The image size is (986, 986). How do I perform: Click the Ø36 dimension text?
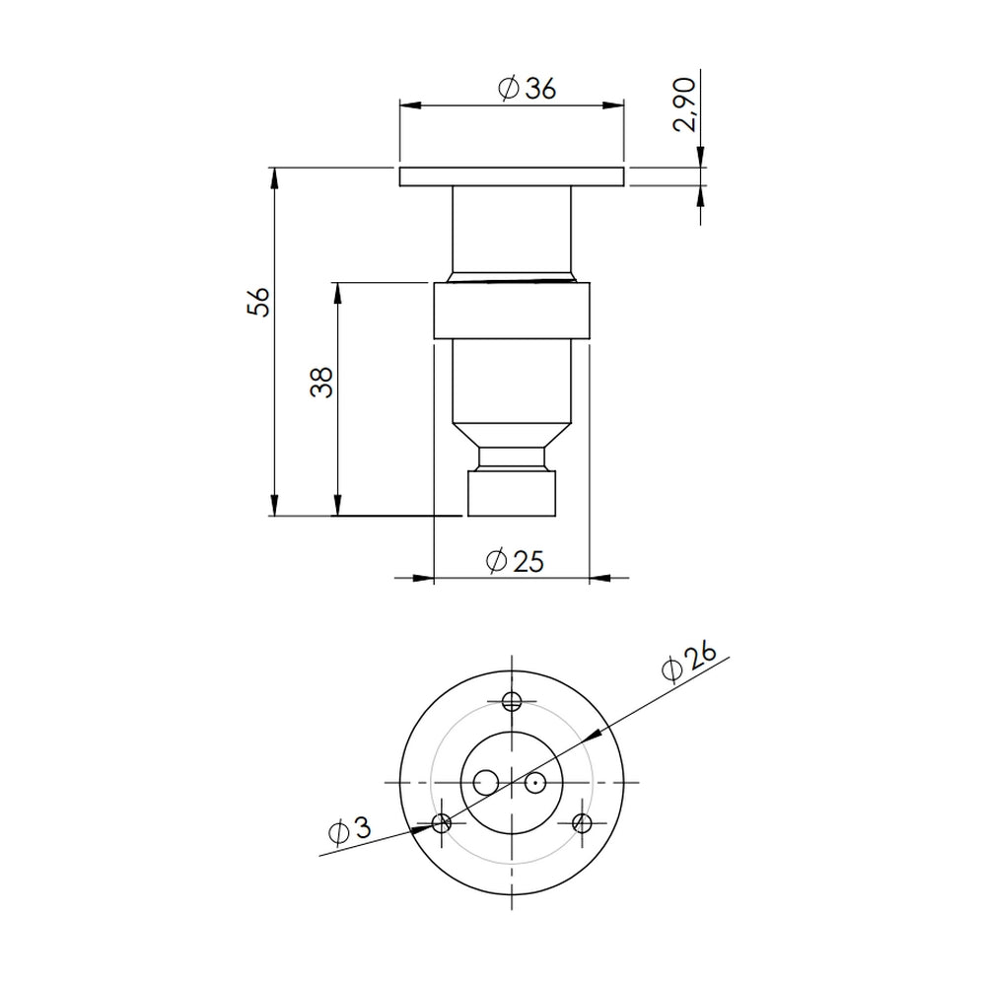pos(528,89)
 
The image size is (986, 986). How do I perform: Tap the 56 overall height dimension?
pos(258,302)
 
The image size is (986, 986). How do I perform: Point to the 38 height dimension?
pos(321,382)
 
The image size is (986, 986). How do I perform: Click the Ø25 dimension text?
pos(515,561)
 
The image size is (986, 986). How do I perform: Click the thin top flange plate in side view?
pos(512,177)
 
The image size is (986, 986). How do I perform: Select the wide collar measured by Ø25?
pos(512,311)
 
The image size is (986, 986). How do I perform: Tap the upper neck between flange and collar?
pos(512,232)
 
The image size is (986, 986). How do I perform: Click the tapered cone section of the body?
pos(512,434)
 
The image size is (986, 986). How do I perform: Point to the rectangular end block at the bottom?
pos(512,494)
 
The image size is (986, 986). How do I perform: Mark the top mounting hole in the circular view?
pos(512,701)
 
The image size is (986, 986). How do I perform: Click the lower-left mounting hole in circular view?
pos(442,822)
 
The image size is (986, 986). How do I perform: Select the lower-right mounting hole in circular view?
pos(582,822)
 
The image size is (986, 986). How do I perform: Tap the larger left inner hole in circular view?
pos(485,783)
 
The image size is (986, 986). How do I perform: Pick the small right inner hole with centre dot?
pos(535,783)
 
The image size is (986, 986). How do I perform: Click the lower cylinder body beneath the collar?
pos(512,380)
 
